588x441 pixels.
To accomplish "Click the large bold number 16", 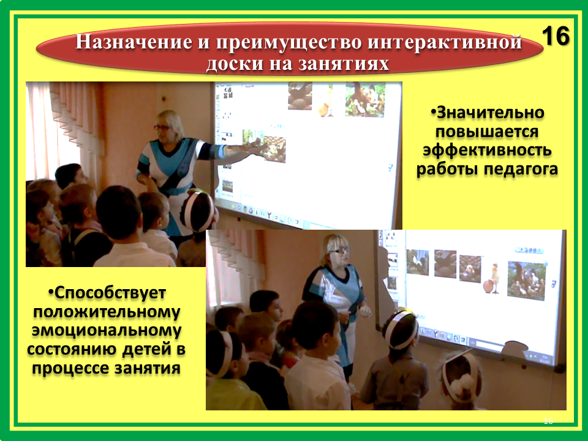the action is click(x=556, y=36).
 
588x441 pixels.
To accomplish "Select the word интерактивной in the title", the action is click(x=445, y=42).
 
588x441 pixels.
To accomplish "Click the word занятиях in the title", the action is click(x=344, y=63).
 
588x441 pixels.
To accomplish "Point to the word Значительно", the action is click(x=488, y=113).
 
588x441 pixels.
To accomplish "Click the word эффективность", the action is click(x=487, y=151).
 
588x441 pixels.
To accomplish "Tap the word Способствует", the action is click(x=107, y=293).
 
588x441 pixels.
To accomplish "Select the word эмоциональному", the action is click(x=107, y=330).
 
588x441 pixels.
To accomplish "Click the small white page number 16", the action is click(x=548, y=421).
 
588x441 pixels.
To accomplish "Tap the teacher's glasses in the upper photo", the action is click(x=162, y=127).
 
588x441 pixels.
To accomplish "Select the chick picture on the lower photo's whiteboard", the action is click(x=491, y=278).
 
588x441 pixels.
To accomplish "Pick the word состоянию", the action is click(x=71, y=349).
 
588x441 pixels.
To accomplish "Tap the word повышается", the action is click(x=487, y=132).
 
